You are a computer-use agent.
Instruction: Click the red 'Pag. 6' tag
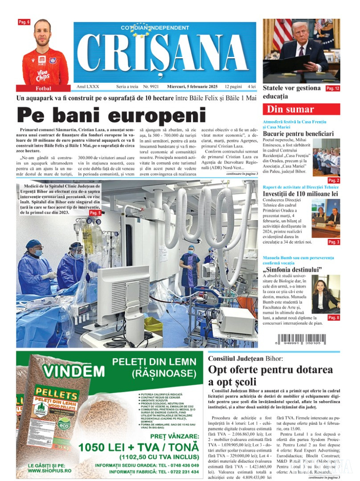coord(24,22)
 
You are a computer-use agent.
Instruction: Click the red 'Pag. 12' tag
coord(333,89)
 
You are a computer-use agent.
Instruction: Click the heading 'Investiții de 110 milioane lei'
coord(301,194)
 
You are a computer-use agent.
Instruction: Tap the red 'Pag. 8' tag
coord(334,318)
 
